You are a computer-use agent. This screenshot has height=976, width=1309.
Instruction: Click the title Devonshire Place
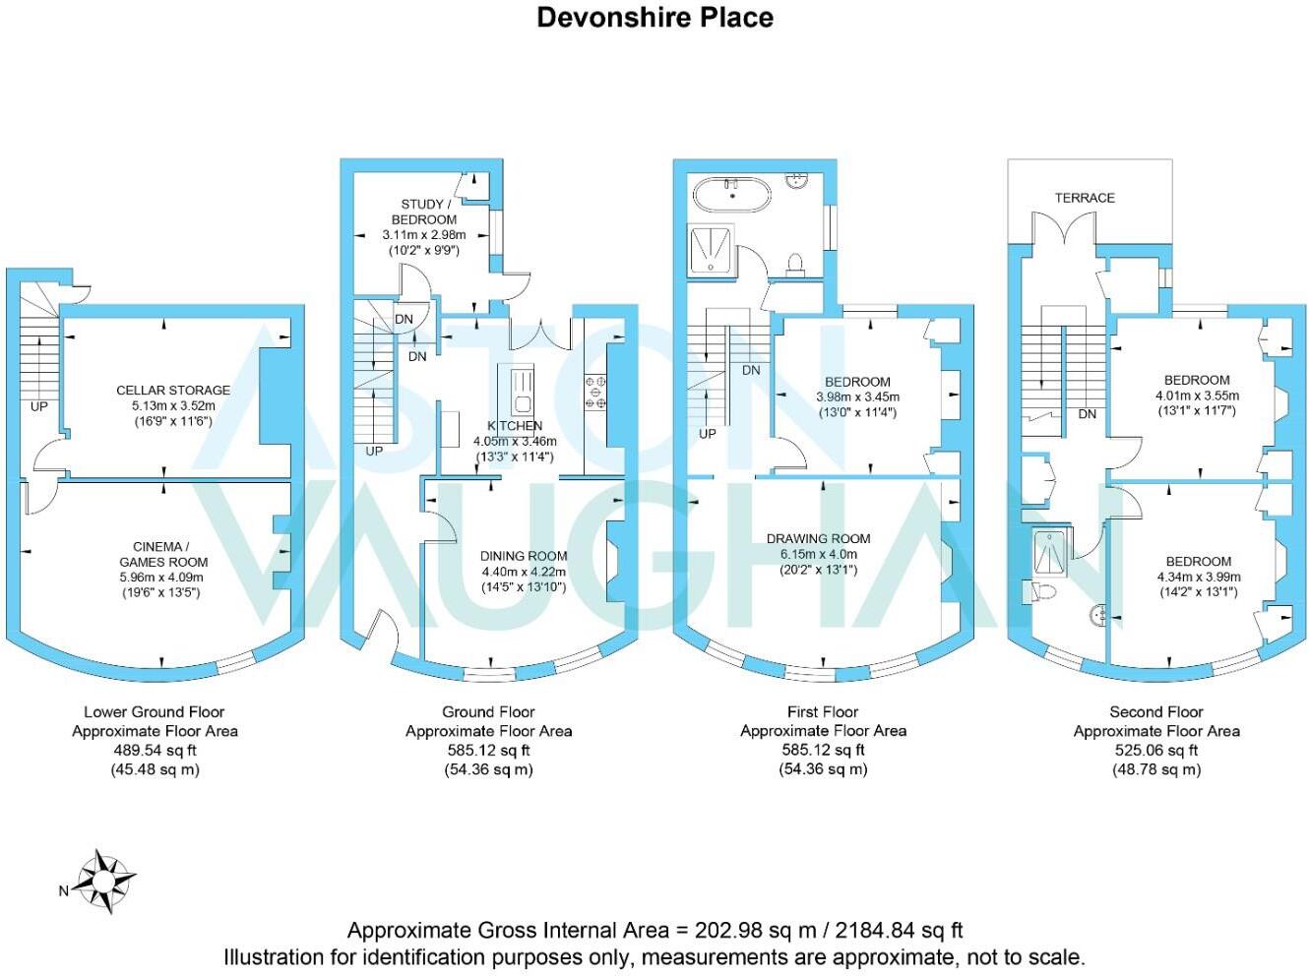coord(654,18)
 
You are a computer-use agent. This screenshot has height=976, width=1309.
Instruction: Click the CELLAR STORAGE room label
coord(173,391)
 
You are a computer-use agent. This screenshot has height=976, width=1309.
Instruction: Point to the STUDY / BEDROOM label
coord(423,212)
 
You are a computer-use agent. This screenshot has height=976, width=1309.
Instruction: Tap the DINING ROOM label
coord(524,556)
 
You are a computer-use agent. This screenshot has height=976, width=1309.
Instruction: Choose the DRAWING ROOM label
coord(818,539)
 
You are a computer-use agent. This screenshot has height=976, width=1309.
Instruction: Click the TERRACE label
coord(1085,198)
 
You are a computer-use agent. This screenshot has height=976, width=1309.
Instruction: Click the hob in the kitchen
coord(595,391)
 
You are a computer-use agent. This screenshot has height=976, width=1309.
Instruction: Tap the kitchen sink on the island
coord(521,392)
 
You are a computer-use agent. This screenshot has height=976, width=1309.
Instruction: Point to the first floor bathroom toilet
coord(796,263)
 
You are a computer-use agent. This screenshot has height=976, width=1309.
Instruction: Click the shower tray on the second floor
coord(1049,552)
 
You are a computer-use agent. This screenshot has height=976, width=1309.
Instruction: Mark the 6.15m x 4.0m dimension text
coord(818,554)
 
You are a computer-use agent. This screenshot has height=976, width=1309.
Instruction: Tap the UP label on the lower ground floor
coord(38,406)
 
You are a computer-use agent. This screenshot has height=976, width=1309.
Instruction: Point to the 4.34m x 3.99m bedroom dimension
coord(1198,577)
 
